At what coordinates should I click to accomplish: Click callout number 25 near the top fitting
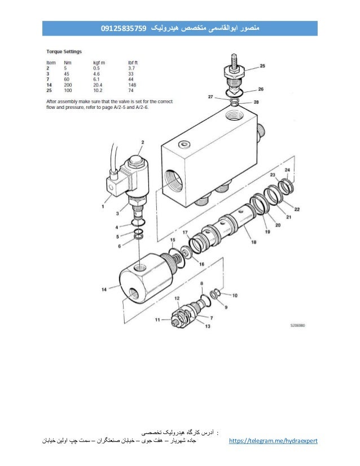pyautogui.click(x=262, y=66)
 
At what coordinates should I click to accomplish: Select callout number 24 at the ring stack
pyautogui.click(x=288, y=170)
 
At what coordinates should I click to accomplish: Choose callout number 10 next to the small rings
pyautogui.click(x=235, y=294)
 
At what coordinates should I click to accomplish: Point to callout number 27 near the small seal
pyautogui.click(x=210, y=97)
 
